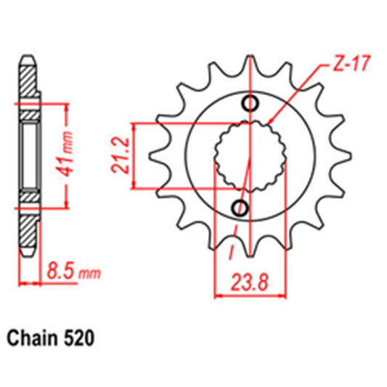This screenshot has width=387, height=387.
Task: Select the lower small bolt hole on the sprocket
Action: (x=239, y=208)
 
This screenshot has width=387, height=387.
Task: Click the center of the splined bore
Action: (x=247, y=155)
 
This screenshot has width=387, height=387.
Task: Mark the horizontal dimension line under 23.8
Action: (x=248, y=294)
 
